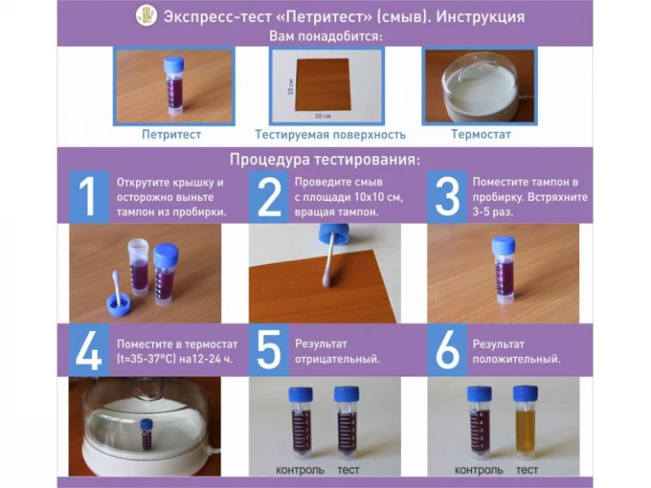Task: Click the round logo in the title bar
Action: tap(147, 15)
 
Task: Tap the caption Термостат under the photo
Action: tap(480, 134)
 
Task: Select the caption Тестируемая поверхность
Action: tap(330, 134)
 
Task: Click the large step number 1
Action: tap(88, 197)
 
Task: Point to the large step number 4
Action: tap(89, 350)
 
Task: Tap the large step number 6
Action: tap(447, 350)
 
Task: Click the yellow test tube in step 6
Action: tap(525, 422)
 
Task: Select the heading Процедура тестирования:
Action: tap(325, 160)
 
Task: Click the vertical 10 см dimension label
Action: tap(290, 86)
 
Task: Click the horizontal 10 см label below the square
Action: tap(323, 116)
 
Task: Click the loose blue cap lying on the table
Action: tap(118, 302)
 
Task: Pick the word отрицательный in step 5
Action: tap(337, 359)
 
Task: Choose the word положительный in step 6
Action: tap(517, 359)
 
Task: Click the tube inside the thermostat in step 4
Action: tap(147, 434)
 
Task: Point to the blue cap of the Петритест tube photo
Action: tap(174, 65)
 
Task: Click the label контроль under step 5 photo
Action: tap(301, 469)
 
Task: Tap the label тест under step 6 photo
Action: tap(527, 469)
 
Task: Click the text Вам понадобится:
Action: tap(326, 36)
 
